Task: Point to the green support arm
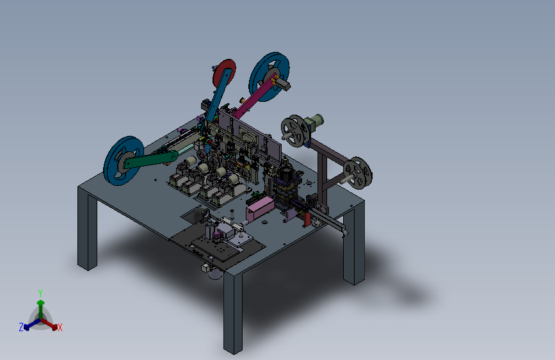[x=150, y=160]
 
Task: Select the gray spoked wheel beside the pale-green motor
[x=295, y=131]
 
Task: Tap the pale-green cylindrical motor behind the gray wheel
[x=316, y=120]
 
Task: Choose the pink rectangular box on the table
[x=260, y=208]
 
